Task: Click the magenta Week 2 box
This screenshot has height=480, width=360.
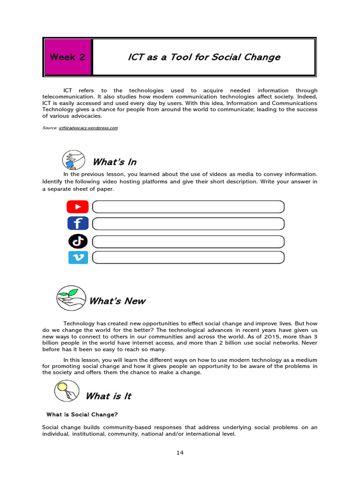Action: pos(67,57)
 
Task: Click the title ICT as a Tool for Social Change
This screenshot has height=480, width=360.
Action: pos(204,57)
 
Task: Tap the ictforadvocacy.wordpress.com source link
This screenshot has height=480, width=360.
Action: pos(88,127)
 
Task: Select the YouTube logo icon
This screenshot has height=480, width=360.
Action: pos(78,207)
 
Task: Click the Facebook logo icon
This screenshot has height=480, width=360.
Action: pos(78,224)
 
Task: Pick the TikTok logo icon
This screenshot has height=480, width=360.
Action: pos(78,241)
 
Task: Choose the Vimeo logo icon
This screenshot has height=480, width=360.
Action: pos(78,257)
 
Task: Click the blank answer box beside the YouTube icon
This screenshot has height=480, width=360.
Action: pos(188,207)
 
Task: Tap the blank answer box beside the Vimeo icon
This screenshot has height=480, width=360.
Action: pos(188,257)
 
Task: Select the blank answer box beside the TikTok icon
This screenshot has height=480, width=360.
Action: pos(188,241)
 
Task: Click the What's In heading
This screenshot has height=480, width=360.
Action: pos(114,162)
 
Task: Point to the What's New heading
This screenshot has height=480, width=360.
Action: pos(117,301)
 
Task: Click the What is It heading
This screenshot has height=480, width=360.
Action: pos(108,396)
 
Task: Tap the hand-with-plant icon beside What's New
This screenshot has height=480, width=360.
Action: pos(71,298)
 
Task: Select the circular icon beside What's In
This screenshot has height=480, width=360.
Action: pos(74,160)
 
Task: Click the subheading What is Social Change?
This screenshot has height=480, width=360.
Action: pos(82,414)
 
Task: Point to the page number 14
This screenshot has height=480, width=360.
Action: pos(180,452)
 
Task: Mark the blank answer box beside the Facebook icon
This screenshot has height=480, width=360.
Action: pos(188,224)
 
